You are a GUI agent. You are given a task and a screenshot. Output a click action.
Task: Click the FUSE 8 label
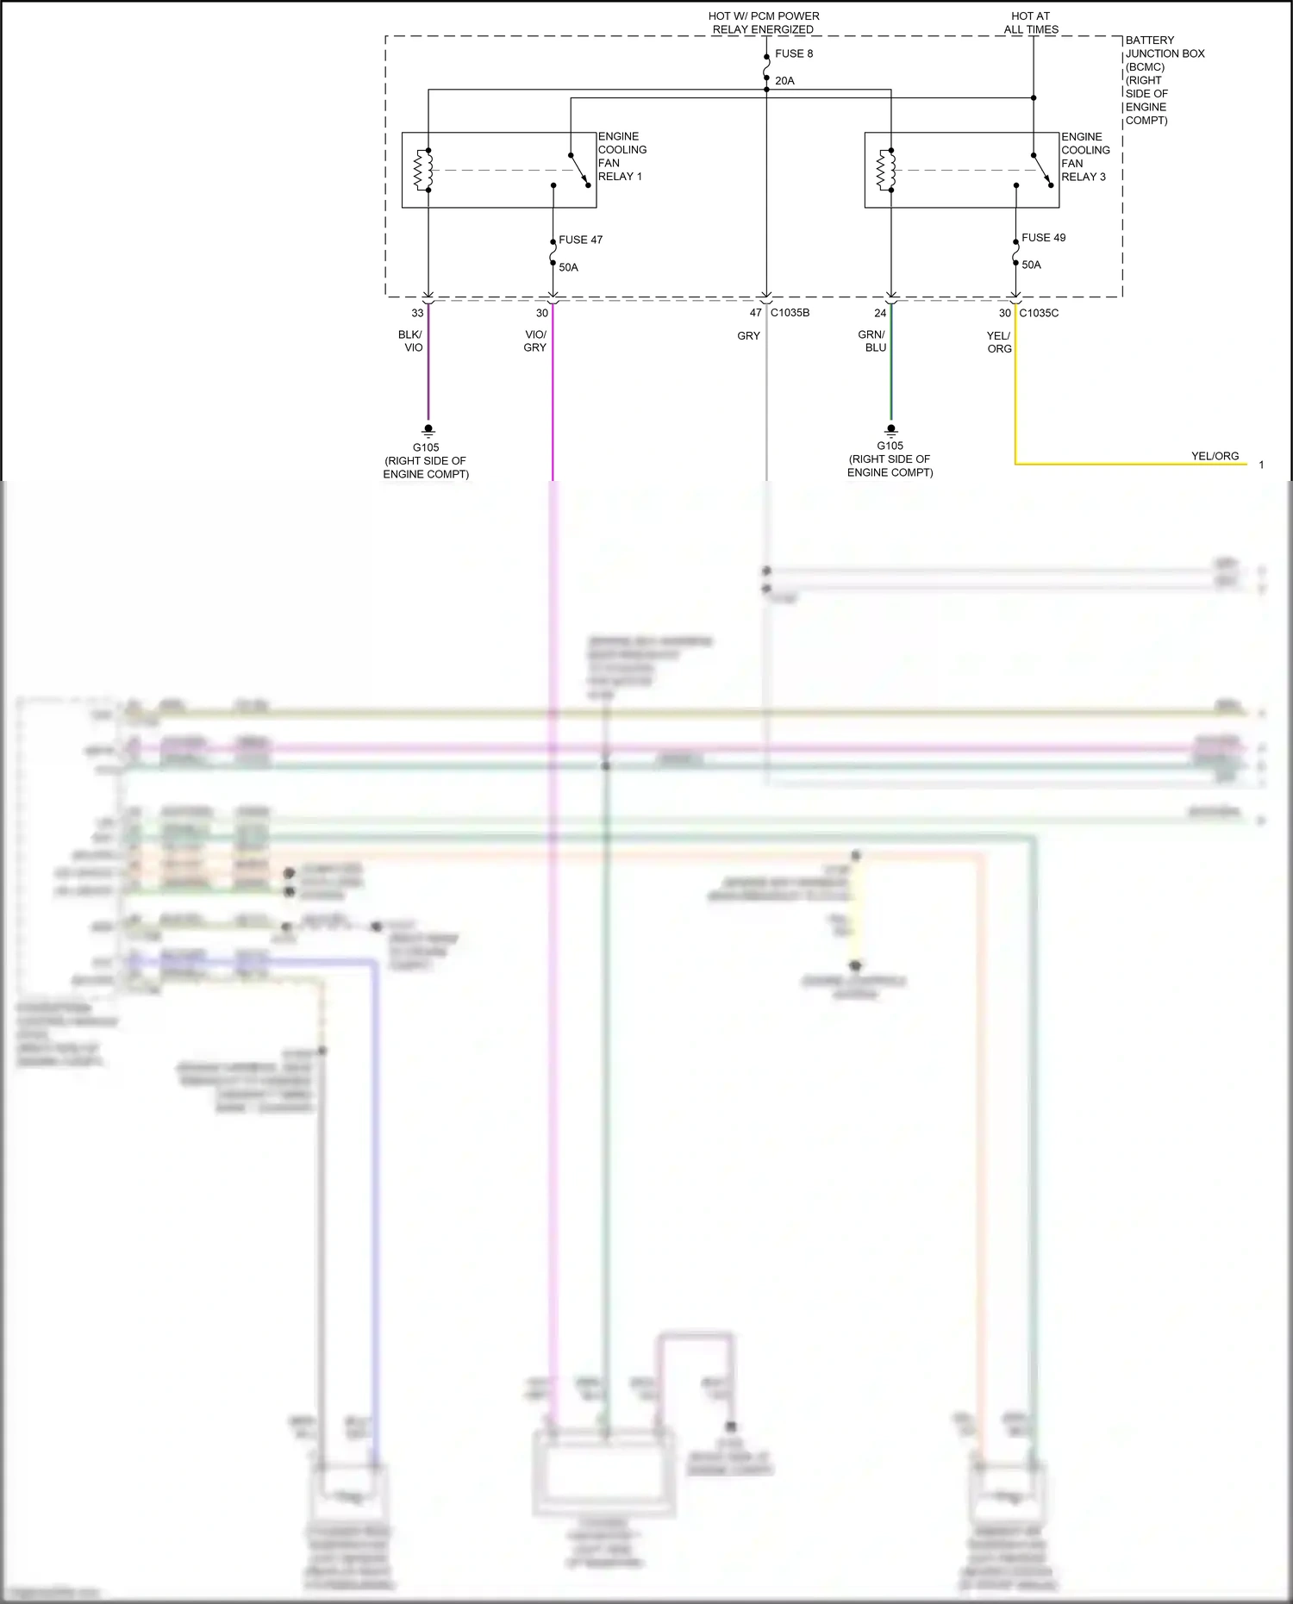[793, 53]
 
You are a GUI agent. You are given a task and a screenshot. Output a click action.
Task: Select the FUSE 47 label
[580, 240]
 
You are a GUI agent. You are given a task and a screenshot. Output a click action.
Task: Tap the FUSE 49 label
[1043, 238]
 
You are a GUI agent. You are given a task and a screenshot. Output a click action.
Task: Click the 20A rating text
[784, 81]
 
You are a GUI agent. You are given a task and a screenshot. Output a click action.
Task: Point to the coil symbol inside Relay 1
[423, 170]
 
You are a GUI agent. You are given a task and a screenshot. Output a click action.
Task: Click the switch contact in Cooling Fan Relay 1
[578, 170]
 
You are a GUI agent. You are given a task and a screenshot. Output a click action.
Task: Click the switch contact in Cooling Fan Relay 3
[1041, 170]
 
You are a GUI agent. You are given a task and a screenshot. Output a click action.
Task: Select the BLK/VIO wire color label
[410, 341]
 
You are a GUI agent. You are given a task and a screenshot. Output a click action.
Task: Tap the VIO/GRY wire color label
[535, 341]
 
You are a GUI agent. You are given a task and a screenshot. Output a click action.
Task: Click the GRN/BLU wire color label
[872, 341]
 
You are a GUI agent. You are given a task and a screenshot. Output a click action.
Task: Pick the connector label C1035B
[790, 313]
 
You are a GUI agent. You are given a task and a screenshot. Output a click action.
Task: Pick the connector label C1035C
[1039, 313]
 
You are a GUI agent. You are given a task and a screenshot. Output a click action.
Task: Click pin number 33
[417, 313]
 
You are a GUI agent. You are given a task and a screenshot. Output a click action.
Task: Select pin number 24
[880, 313]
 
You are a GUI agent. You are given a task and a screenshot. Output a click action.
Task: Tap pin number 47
[755, 313]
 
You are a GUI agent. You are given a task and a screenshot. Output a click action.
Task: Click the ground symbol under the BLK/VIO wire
[428, 430]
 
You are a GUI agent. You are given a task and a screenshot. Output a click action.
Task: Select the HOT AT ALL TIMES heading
[1031, 22]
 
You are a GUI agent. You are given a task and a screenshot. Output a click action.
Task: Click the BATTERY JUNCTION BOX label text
[1164, 53]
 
